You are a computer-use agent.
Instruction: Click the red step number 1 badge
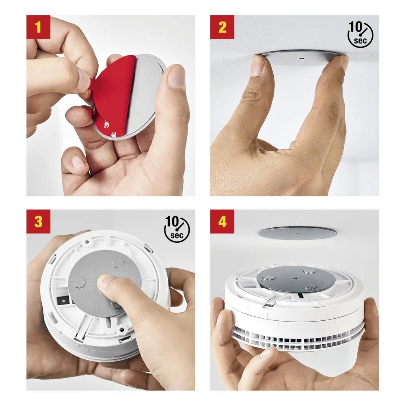[x=38, y=27]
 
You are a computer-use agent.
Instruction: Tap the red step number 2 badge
[x=222, y=27]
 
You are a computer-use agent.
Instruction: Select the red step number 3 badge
[x=38, y=222]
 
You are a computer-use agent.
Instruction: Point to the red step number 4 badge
[x=222, y=222]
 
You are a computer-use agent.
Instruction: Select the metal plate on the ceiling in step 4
[x=298, y=233]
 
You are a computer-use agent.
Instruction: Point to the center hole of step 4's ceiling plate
[x=298, y=234]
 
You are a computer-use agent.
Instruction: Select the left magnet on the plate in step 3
[x=79, y=283]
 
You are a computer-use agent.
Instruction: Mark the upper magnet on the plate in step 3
[x=118, y=263]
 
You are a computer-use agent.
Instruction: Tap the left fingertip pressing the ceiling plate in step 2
[x=257, y=65]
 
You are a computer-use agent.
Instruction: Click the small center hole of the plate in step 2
[x=302, y=58]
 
